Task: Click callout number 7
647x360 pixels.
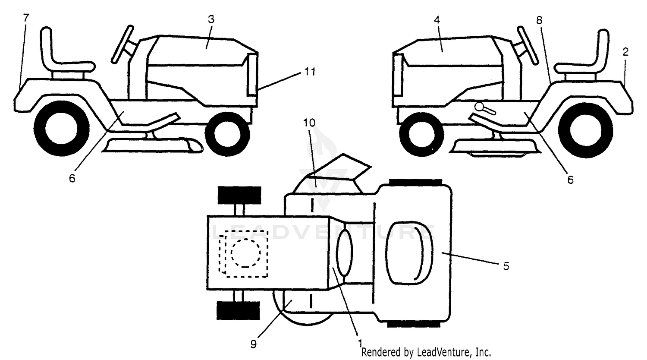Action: click(x=26, y=18)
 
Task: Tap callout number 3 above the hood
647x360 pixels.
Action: click(x=211, y=19)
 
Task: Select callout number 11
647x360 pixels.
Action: click(x=310, y=71)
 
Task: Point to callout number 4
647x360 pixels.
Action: click(x=437, y=20)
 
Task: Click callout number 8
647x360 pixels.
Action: click(x=539, y=20)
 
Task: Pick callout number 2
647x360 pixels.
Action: click(x=625, y=52)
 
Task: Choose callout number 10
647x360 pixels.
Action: click(x=309, y=123)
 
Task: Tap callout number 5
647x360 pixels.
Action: click(x=506, y=266)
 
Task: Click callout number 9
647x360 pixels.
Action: click(x=253, y=344)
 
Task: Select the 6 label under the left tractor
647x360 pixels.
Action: click(x=72, y=178)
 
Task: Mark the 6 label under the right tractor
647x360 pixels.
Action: click(x=570, y=180)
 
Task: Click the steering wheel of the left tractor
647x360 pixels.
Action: click(x=123, y=44)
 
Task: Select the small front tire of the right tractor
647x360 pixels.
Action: click(x=421, y=134)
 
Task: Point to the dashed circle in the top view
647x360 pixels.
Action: click(x=245, y=253)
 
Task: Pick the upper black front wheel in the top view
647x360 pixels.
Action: click(x=239, y=195)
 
